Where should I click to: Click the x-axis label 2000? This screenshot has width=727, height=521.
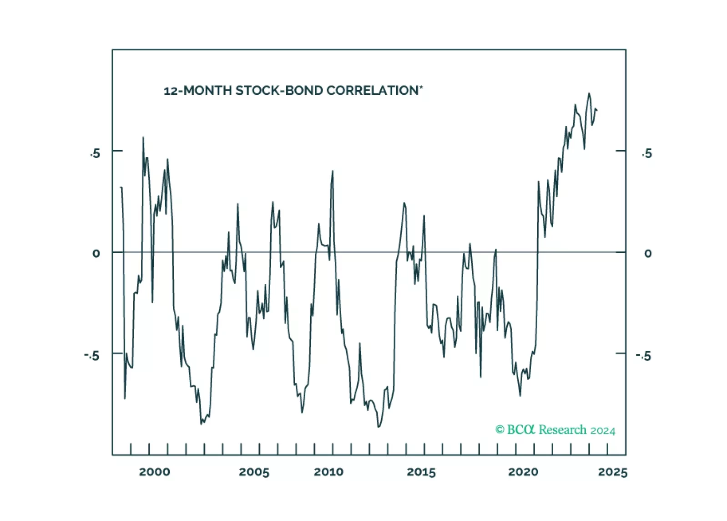154,472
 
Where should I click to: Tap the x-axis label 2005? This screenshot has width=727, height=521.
254,472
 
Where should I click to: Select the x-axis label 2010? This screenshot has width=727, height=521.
328,472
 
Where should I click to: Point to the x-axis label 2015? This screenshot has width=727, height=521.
421,472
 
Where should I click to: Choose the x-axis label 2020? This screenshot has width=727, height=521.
523,472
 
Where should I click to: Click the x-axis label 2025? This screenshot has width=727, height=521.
612,472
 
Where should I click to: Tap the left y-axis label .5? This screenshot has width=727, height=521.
95,154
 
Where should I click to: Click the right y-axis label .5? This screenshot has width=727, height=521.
647,154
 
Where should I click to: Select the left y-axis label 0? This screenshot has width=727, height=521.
96,253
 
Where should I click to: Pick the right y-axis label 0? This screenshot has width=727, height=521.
648,253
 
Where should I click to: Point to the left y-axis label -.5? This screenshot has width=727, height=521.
92,355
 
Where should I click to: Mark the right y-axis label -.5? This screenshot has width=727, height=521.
644,355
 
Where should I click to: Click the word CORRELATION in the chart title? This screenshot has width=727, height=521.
372,91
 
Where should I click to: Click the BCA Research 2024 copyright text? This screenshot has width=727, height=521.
555,430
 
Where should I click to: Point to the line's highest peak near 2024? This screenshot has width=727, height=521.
589,93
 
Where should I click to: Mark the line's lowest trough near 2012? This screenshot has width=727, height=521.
379,427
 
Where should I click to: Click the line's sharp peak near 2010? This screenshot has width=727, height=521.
333,171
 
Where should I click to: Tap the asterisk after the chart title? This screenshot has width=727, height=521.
421,87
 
